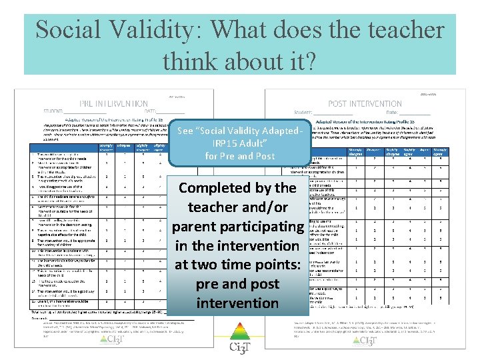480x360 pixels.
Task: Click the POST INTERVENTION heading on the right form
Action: [x=366, y=104]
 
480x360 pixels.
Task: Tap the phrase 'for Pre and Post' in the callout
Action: [x=239, y=156]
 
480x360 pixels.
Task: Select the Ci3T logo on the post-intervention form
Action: [x=365, y=340]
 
